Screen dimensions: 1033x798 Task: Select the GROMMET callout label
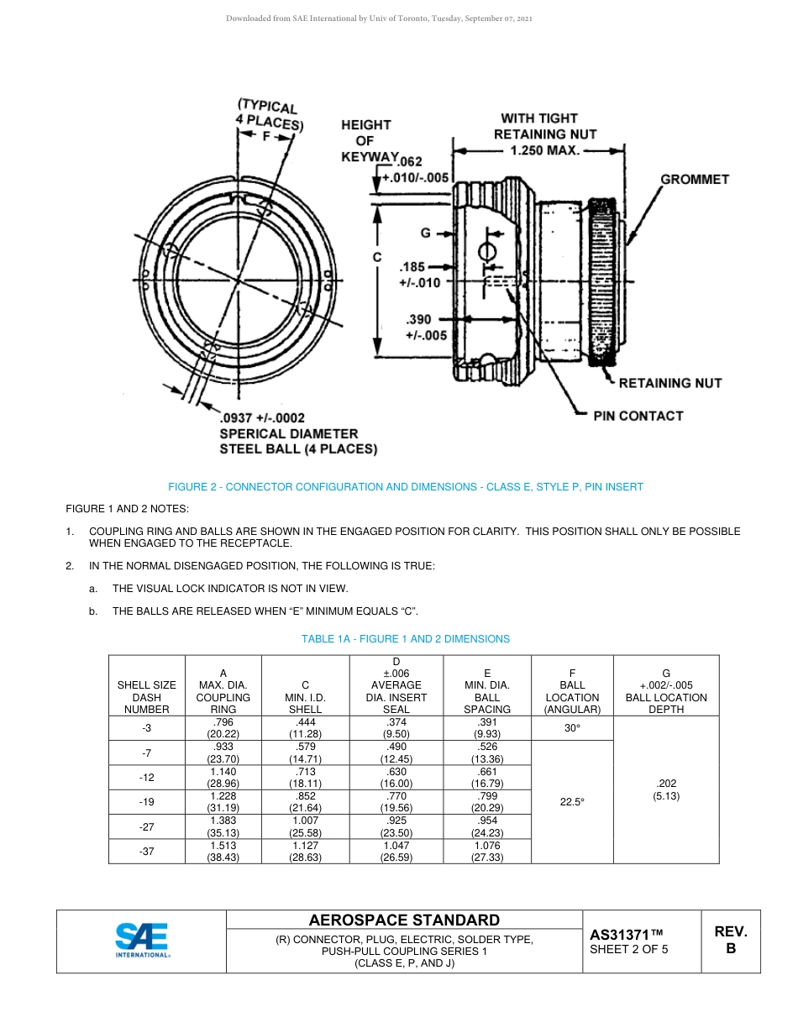point(694,180)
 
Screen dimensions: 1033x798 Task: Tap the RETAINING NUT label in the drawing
point(669,383)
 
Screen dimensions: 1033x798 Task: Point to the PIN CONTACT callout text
point(638,416)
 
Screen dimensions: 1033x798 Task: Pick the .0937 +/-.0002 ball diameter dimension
point(262,418)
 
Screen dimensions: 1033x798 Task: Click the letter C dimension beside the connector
point(377,257)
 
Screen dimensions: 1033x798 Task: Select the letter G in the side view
point(426,233)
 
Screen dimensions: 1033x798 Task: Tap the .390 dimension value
point(419,320)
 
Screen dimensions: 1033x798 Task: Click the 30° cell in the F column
point(572,728)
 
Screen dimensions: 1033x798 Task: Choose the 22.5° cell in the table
point(572,802)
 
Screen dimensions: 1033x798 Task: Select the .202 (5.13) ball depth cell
point(666,789)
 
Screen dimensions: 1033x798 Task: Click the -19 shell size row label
point(146,802)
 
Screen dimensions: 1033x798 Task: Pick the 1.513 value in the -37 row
point(223,846)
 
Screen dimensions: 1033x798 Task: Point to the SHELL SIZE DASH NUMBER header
point(146,697)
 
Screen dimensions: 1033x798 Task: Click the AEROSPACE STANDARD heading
point(404,920)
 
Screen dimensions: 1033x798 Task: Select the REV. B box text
point(730,940)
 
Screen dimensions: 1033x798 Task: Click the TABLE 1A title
point(405,639)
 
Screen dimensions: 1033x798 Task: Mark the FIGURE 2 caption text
point(405,487)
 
